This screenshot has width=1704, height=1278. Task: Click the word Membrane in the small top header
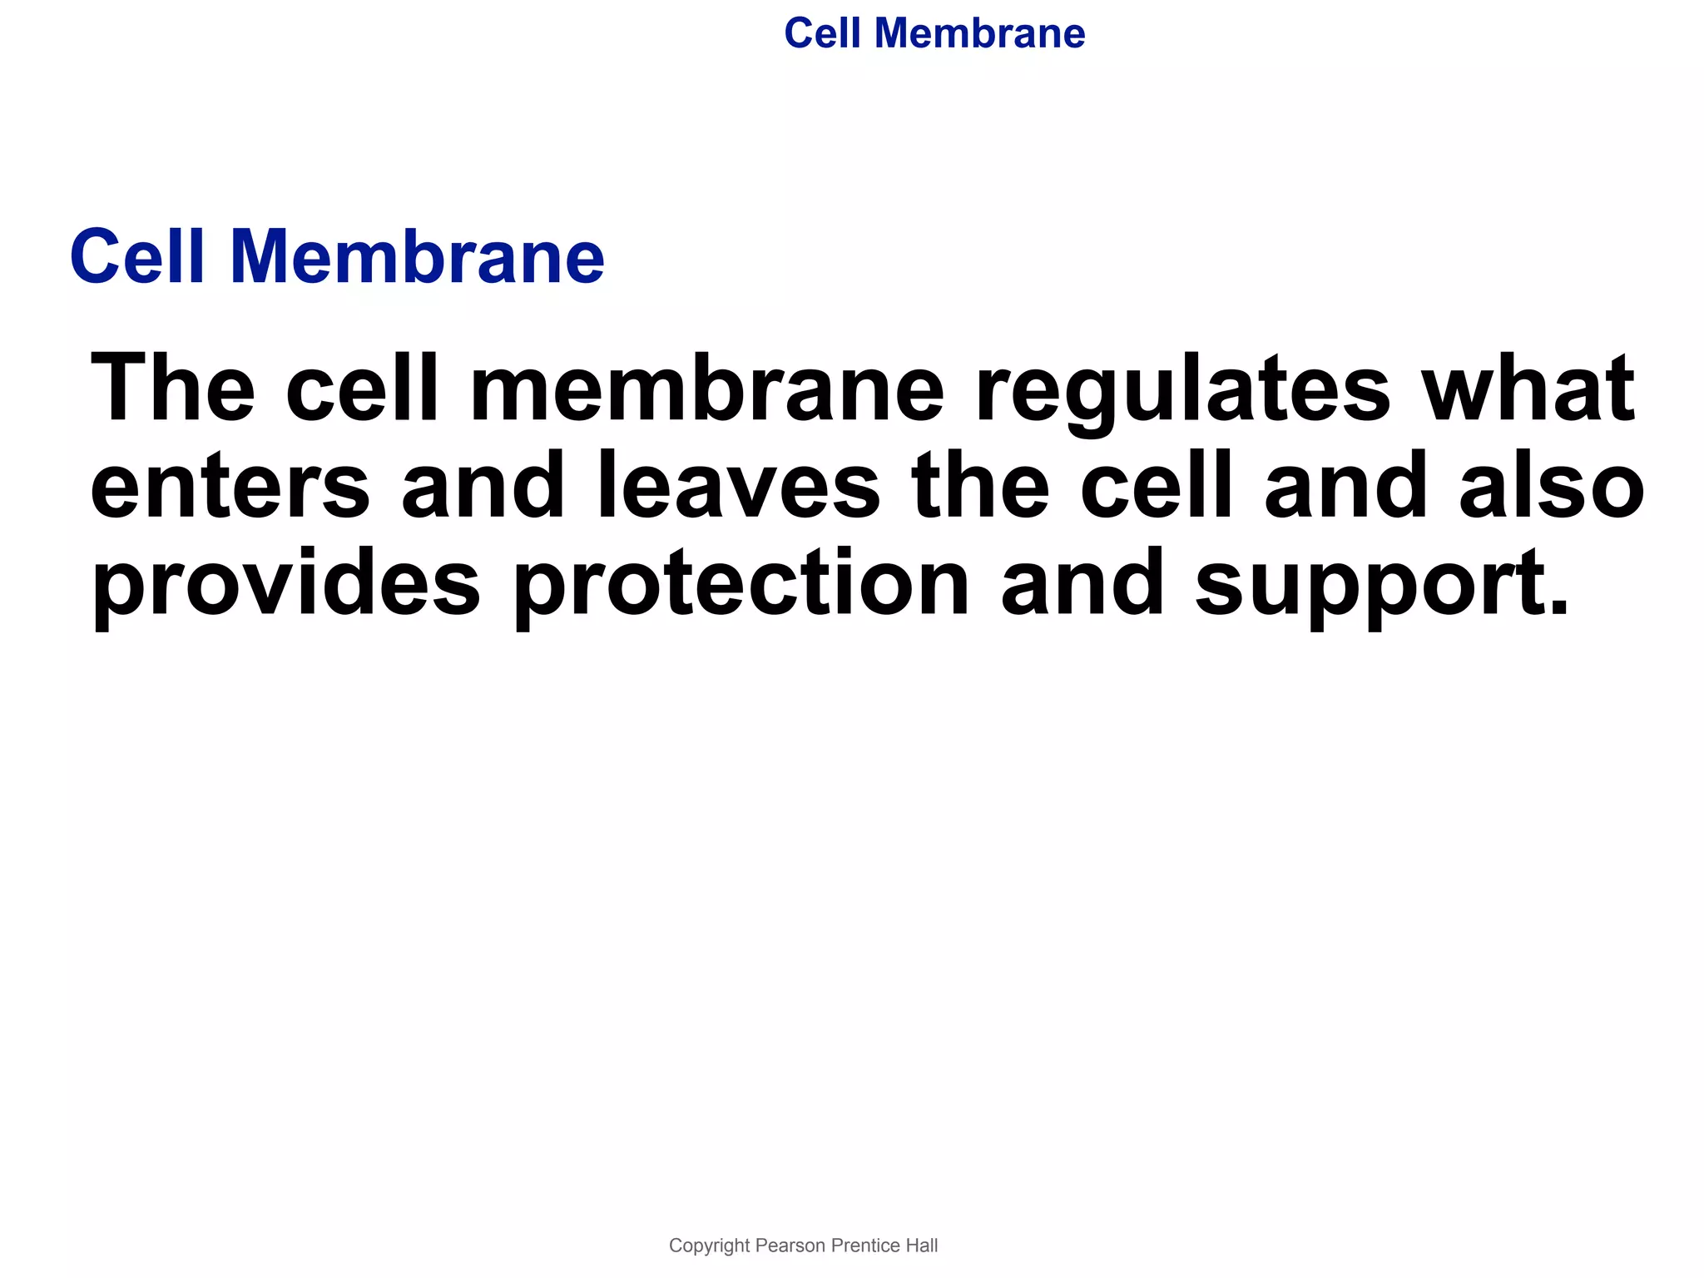pos(979,34)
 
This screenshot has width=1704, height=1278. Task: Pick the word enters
pos(230,487)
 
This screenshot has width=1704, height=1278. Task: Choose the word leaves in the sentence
pos(739,487)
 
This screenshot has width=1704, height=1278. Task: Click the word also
pos(1552,487)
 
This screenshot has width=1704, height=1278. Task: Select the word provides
pos(286,586)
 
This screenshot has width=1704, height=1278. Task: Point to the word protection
pos(741,586)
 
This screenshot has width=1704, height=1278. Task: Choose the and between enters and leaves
pos(483,487)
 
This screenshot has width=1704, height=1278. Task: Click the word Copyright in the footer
pos(709,1246)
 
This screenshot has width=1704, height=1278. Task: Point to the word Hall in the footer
pos(922,1246)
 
